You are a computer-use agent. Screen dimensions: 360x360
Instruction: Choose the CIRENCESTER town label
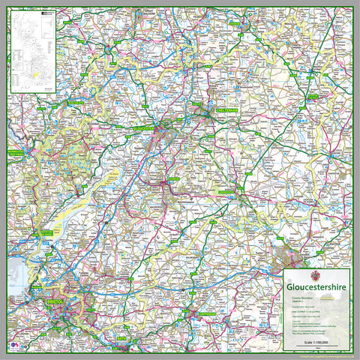point(226,192)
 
